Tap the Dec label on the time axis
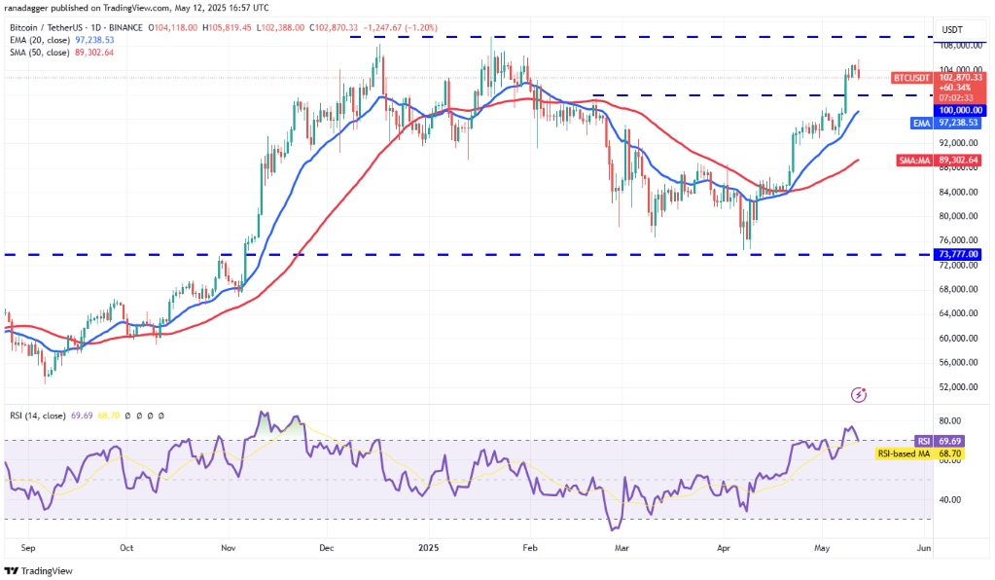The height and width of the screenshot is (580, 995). click(x=326, y=548)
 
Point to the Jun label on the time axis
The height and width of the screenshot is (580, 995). click(x=924, y=548)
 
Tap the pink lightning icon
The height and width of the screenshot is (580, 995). click(x=859, y=394)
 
